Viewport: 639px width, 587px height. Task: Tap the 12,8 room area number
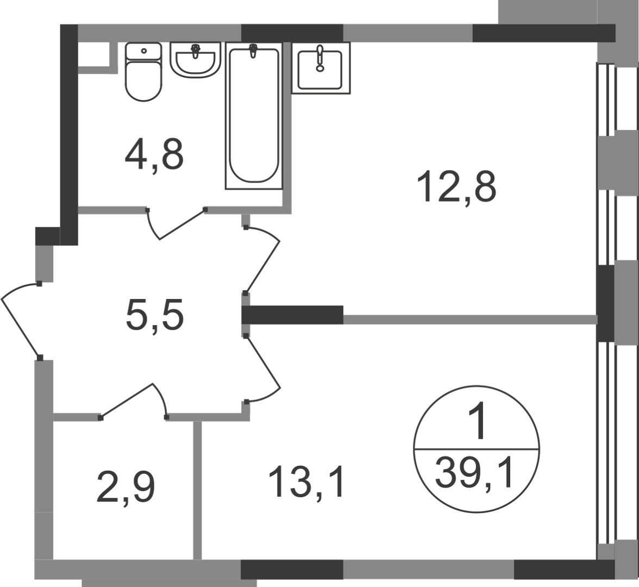(456, 187)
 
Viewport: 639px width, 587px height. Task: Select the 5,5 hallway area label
(155, 315)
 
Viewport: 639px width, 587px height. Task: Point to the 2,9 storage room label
(126, 488)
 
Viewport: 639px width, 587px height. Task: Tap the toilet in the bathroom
(143, 72)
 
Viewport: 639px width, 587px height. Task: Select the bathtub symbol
(254, 116)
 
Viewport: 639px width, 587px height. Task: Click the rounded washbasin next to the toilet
(195, 60)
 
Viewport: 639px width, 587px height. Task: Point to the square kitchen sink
(321, 68)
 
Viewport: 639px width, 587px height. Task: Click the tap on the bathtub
(254, 51)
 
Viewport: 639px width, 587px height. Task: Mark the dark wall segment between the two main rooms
(292, 315)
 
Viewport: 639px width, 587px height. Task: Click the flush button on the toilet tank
(143, 51)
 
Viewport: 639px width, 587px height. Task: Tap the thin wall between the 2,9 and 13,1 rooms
(197, 490)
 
